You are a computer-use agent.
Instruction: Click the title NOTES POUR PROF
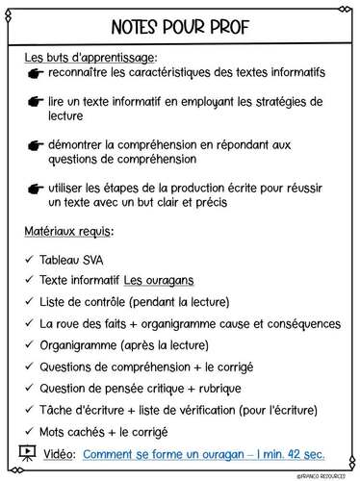[180, 25]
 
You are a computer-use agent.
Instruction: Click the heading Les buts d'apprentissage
[90, 58]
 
